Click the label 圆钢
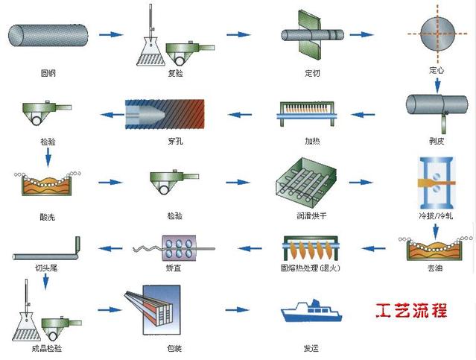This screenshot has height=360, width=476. point(48,73)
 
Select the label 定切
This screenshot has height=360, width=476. point(312,73)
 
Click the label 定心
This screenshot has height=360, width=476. point(437,71)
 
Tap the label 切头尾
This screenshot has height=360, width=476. point(47,267)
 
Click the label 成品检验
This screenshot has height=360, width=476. point(47,348)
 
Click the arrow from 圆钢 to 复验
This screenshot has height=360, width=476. point(110,34)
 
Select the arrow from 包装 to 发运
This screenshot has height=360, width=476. point(237,309)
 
